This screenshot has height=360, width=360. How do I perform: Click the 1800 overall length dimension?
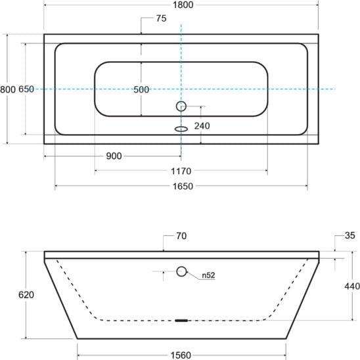coord(183,5)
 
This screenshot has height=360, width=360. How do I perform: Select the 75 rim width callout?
coord(161,18)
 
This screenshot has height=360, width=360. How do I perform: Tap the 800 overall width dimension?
coord(8,89)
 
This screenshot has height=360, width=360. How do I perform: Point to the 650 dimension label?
coord(26,89)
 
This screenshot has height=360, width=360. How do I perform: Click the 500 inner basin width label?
coord(141,89)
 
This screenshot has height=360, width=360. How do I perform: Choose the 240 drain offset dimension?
coord(202,126)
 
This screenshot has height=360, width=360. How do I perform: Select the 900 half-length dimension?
coord(114,156)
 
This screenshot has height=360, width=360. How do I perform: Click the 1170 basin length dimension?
coord(181,171)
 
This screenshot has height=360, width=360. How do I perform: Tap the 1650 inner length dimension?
coord(183,186)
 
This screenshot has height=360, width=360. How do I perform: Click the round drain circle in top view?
coord(181,106)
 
